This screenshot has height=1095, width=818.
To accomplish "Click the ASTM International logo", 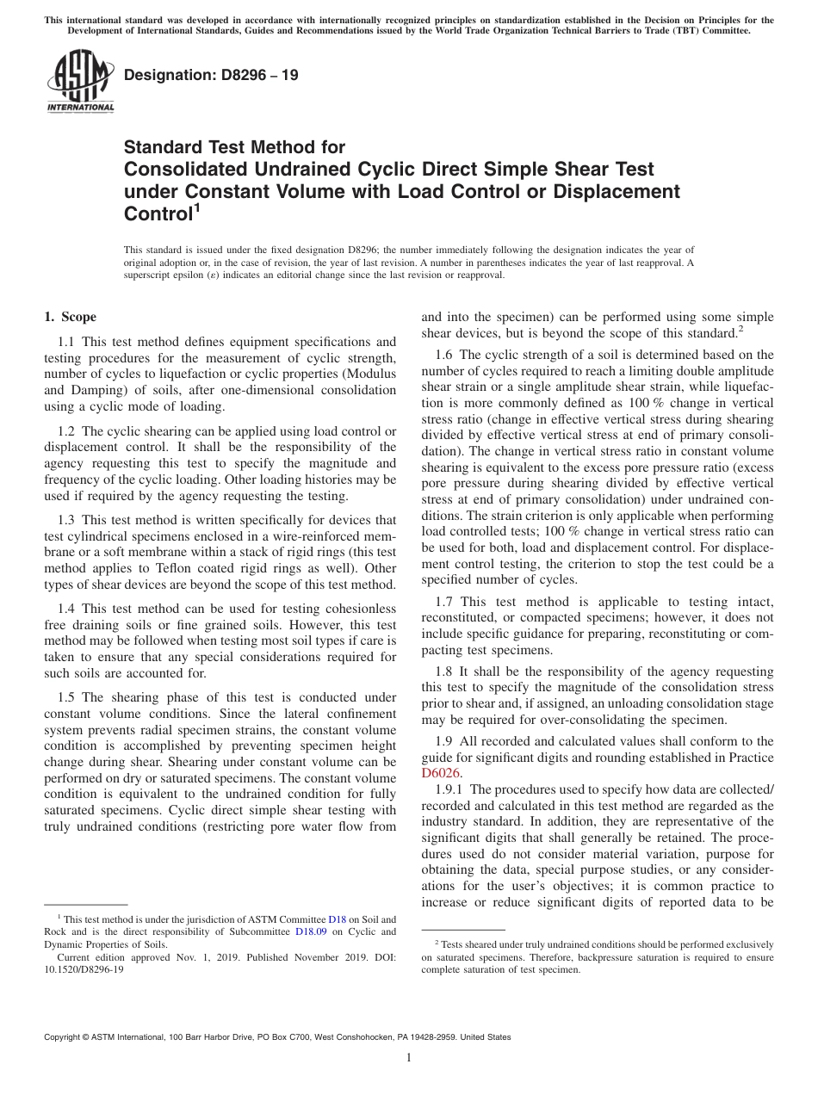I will pyautogui.click(x=79, y=82).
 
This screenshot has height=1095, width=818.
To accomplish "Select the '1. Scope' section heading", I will pyautogui.click(x=70, y=317).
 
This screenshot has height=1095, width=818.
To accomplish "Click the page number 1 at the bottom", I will pyautogui.click(x=409, y=1058).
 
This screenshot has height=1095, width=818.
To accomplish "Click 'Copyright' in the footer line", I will pyautogui.click(x=63, y=1037).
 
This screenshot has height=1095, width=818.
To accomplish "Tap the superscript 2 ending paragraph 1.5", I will pyautogui.click(x=741, y=328).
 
